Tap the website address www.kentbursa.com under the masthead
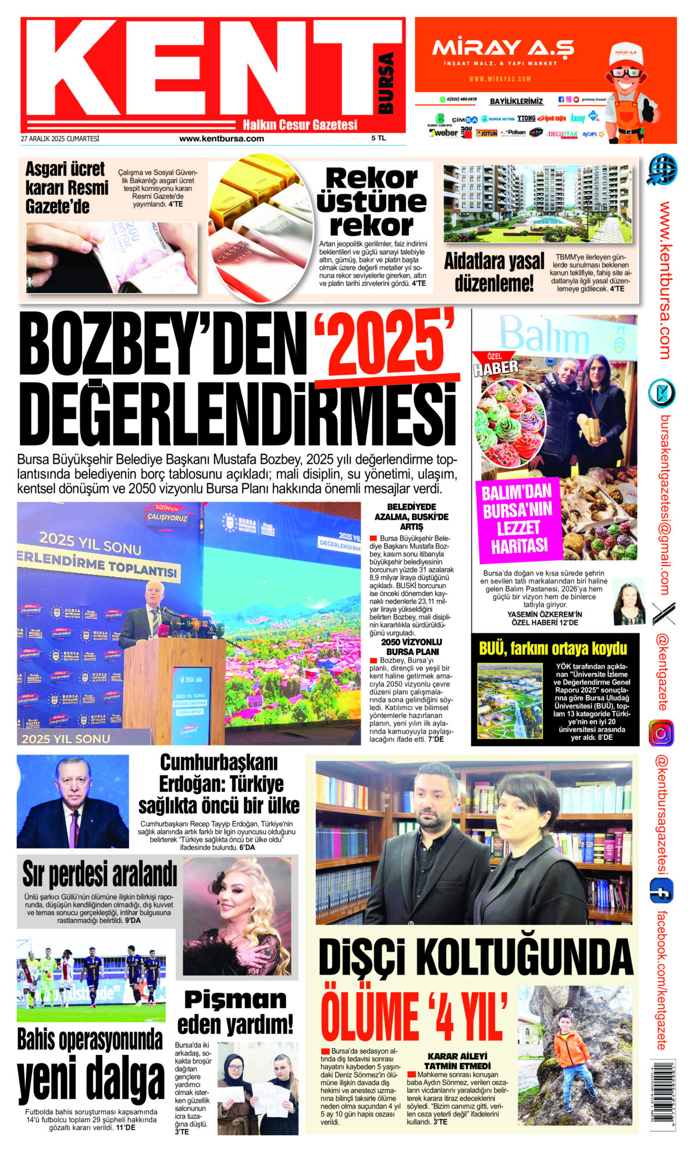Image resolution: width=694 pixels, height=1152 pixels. pyautogui.click(x=222, y=138)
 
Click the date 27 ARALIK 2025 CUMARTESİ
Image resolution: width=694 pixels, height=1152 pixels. pyautogui.click(x=60, y=138)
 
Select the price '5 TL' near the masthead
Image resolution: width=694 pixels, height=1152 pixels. pyautogui.click(x=378, y=138)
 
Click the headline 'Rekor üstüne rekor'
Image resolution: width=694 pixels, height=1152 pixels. pyautogui.click(x=372, y=201)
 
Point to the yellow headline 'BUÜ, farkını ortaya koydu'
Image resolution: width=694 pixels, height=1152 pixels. pyautogui.click(x=553, y=648)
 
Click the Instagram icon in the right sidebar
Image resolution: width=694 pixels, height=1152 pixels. pyautogui.click(x=661, y=733)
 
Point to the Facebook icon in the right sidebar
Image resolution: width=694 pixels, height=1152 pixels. pyautogui.click(x=661, y=890)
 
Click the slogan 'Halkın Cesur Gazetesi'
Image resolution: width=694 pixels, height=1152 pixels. pyautogui.click(x=300, y=125)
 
